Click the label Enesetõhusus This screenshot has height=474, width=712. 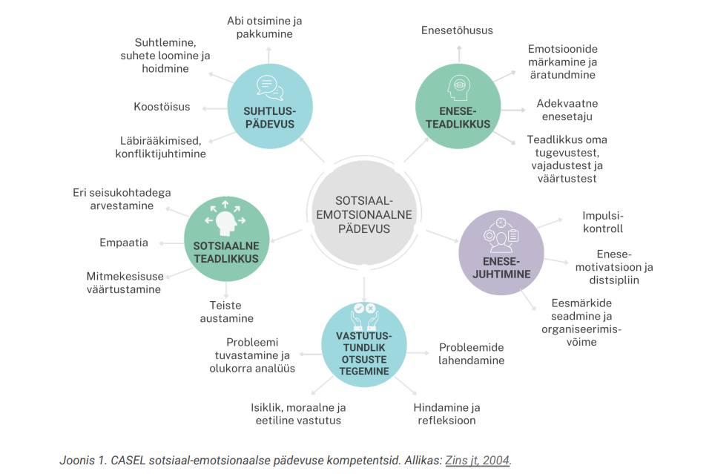457,30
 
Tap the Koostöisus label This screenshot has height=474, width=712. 162,107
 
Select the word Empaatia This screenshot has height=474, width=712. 124,243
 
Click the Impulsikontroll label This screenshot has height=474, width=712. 602,222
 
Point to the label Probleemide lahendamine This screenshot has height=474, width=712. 472,354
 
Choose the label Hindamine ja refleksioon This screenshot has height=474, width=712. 446,414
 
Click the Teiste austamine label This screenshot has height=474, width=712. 227,312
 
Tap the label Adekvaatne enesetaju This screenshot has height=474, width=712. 567,110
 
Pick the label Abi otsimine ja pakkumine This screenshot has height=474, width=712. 264,27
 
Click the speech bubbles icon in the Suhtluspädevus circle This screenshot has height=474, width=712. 270,88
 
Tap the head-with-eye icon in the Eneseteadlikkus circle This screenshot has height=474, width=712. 458,88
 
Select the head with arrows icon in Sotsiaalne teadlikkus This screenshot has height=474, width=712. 225,217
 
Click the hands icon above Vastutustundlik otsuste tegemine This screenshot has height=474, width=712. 364,317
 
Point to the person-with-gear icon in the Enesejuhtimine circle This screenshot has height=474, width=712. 501,234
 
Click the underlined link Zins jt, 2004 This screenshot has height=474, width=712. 477,461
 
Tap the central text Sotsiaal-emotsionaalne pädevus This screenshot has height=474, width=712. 363,215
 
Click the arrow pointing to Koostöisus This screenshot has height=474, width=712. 214,108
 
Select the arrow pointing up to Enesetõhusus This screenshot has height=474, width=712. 459,53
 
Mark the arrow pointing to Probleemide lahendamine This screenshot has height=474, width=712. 418,353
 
